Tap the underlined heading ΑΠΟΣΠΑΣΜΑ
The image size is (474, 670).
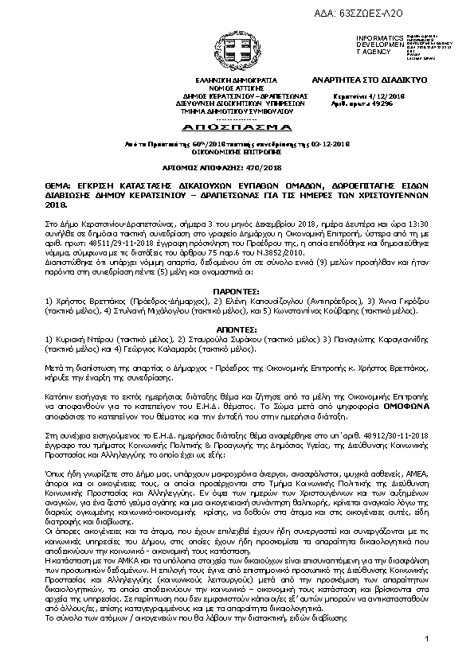click(237, 127)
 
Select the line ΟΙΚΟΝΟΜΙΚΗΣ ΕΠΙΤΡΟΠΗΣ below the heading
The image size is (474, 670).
click(237, 153)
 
